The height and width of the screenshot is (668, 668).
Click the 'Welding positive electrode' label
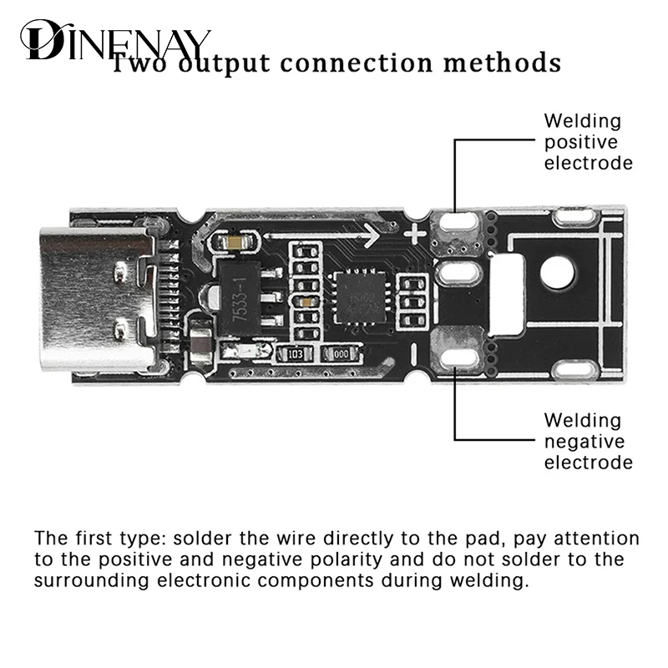click(588, 142)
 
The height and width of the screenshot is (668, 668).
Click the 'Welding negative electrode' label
click(588, 441)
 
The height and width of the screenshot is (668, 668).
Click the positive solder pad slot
click(459, 224)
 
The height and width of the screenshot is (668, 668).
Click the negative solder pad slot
click(459, 357)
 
